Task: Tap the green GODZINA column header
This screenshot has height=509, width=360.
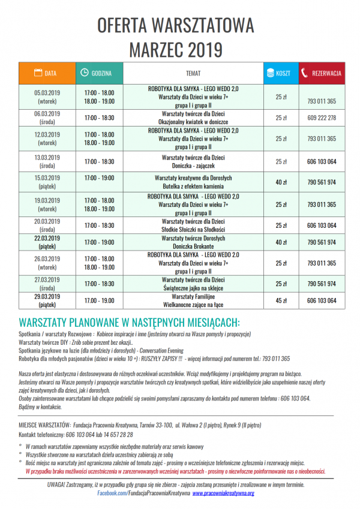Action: point(101,73)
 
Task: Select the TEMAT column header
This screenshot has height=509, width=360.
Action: point(193,73)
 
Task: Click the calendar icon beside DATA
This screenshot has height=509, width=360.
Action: point(37,73)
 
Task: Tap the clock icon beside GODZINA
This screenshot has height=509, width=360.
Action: point(84,73)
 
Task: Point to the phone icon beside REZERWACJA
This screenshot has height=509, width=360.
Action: point(305,73)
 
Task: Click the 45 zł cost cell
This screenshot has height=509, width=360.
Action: point(280,300)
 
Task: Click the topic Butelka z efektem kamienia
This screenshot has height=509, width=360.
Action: point(193,186)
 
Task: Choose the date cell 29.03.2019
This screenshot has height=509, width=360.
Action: point(47,296)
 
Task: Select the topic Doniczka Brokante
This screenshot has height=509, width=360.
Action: point(193,246)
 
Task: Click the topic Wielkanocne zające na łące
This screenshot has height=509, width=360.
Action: point(193,305)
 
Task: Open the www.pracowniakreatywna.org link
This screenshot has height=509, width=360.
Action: point(223,493)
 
